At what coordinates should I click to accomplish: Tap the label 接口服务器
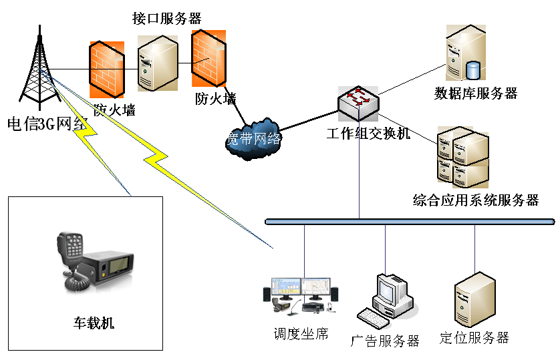click(167, 18)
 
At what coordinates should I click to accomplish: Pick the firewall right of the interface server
click(206, 59)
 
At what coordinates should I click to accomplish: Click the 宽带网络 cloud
click(253, 138)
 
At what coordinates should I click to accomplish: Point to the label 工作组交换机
click(368, 134)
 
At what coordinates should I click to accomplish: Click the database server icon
click(465, 54)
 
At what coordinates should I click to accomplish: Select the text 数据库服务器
click(476, 93)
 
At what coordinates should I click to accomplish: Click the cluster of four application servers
click(463, 158)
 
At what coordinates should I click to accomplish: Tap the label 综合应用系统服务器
click(476, 200)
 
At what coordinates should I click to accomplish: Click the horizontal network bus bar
click(409, 221)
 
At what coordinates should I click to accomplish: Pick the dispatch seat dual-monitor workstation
click(301, 295)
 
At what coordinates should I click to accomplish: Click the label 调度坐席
click(301, 333)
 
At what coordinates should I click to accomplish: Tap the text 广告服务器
click(386, 341)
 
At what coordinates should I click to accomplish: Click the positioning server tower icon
click(475, 298)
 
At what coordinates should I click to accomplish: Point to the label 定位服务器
click(474, 337)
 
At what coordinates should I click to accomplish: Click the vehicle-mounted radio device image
click(94, 262)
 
